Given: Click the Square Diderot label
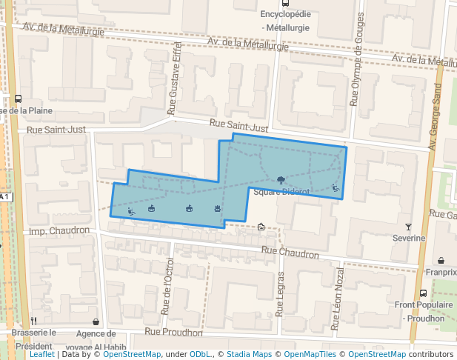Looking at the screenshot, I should (x=280, y=192).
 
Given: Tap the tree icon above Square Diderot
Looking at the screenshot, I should (x=281, y=180).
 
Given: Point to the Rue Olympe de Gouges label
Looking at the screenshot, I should (x=357, y=59).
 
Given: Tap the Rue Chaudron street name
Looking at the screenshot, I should (x=290, y=254).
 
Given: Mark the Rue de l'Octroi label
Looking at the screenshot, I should (x=168, y=285).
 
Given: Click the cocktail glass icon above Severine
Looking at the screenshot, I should (x=408, y=226).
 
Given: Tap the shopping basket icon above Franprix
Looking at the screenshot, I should (x=441, y=260).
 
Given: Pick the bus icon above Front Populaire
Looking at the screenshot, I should (x=423, y=293).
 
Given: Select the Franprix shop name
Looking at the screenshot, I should (x=441, y=272).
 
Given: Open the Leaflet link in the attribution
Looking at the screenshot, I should (x=41, y=354).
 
